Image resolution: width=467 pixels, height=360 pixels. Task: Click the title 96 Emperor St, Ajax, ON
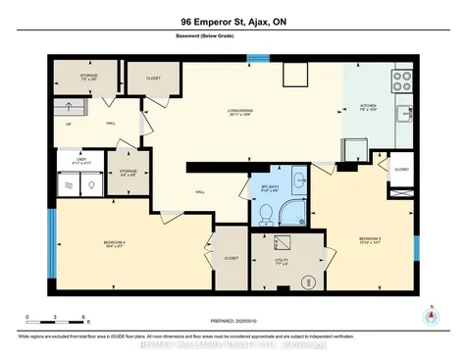[x=233, y=21]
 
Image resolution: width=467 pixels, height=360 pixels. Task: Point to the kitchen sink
[x=403, y=115]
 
